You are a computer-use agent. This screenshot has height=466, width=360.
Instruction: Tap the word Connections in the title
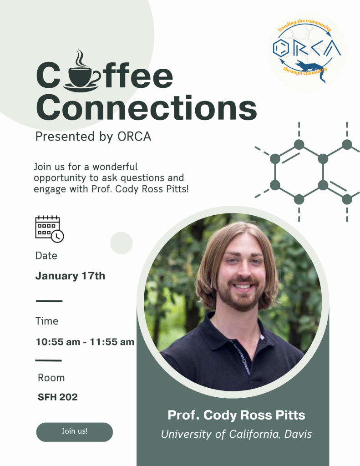(147, 108)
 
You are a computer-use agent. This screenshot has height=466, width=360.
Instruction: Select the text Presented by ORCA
(93, 137)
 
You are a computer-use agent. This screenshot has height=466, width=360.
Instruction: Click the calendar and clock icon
(49, 229)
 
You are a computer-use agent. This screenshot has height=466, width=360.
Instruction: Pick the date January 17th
(70, 276)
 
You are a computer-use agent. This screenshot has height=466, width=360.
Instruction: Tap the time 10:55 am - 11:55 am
(85, 342)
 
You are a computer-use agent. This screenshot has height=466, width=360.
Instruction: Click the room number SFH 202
(58, 397)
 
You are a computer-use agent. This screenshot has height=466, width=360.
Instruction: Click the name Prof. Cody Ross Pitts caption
(236, 415)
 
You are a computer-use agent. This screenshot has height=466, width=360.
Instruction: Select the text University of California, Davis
(236, 434)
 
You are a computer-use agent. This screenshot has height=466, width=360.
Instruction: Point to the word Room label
(51, 378)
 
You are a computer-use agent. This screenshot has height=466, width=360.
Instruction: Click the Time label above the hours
(47, 321)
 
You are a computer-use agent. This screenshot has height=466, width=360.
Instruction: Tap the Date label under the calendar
(46, 256)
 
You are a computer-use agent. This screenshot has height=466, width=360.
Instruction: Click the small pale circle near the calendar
(121, 243)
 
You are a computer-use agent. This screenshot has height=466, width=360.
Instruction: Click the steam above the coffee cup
(80, 58)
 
